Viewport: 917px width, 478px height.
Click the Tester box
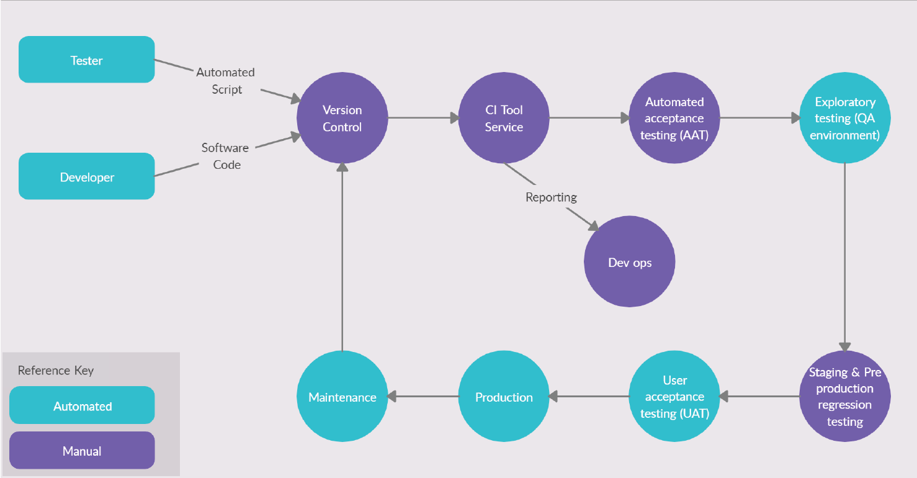pyautogui.click(x=86, y=60)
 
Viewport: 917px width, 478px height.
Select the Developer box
pyautogui.click(x=86, y=176)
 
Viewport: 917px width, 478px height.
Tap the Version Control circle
pyautogui.click(x=342, y=118)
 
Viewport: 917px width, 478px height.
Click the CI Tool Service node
pyautogui.click(x=503, y=118)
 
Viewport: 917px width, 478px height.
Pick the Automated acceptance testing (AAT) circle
pyautogui.click(x=674, y=118)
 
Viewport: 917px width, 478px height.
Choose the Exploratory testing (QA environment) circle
pyautogui.click(x=844, y=118)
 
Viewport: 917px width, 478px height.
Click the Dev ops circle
pyautogui.click(x=629, y=262)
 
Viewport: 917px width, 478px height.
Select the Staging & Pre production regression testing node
pyautogui.click(x=844, y=397)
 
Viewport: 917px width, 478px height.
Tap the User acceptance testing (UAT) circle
pyautogui.click(x=674, y=397)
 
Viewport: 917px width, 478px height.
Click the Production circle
pyautogui.click(x=503, y=397)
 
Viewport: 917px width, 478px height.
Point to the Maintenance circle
pyautogui.click(x=342, y=397)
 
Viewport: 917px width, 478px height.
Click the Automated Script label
pyautogui.click(x=225, y=81)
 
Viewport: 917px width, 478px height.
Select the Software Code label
pyautogui.click(x=225, y=156)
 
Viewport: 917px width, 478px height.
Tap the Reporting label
pyautogui.click(x=551, y=197)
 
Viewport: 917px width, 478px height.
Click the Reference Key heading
pyautogui.click(x=56, y=371)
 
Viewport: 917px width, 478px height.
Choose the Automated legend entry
pyautogui.click(x=82, y=406)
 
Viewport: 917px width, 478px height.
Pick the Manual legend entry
pyautogui.click(x=82, y=451)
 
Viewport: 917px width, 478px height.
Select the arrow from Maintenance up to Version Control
pyautogui.click(x=342, y=255)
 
